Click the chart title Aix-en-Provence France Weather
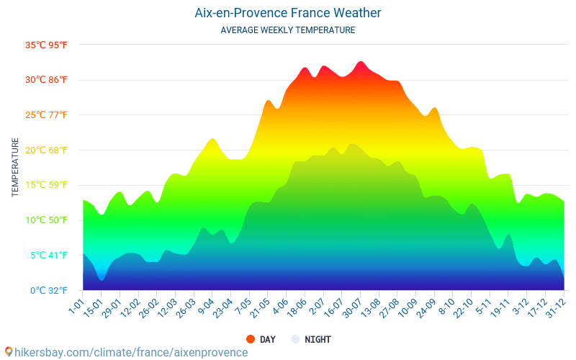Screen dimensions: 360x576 pos(288,13)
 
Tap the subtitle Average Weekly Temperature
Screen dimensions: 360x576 pos(288,30)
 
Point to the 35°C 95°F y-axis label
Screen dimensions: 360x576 pos(47,45)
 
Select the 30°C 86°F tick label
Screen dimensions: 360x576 pos(47,80)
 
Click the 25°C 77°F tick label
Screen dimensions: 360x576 pos(47,115)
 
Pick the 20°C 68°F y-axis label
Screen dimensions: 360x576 pos(47,150)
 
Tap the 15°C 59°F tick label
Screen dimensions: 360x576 pos(47,185)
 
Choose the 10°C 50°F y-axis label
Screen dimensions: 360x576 pos(47,220)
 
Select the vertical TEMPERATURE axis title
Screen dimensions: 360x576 pos(15,168)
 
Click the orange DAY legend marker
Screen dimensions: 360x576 pos(251,339)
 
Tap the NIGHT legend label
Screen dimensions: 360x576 pos(318,339)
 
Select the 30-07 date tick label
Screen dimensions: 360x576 pos(351,308)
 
